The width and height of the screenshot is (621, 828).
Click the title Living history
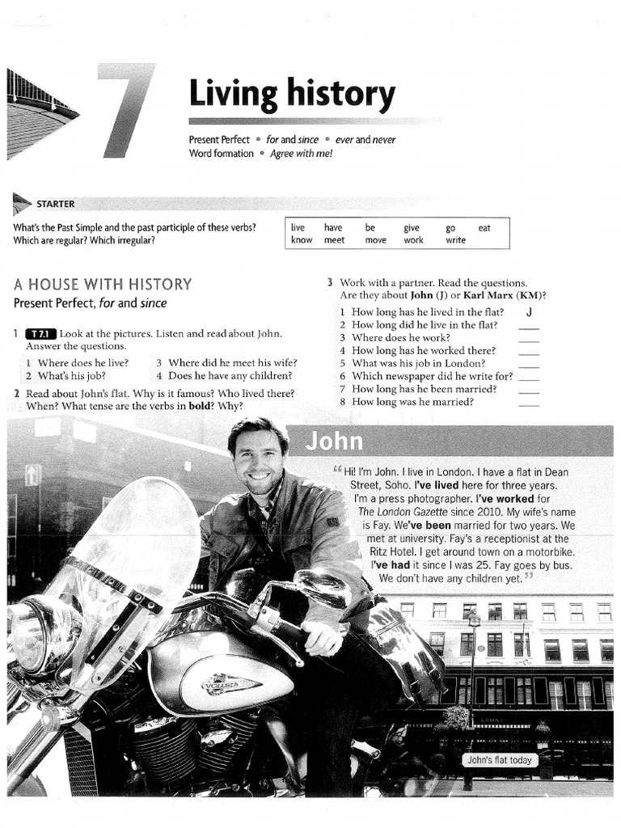click(x=292, y=95)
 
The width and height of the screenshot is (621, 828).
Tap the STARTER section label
click(x=55, y=204)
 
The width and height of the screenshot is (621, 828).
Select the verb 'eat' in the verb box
click(x=484, y=228)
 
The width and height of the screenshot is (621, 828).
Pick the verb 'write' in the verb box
click(x=455, y=240)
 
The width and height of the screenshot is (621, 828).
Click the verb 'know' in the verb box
click(x=302, y=240)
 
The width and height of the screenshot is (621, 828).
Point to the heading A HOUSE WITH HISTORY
click(x=103, y=285)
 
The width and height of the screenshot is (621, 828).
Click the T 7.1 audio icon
click(x=40, y=334)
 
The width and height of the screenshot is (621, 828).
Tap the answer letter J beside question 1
click(x=528, y=312)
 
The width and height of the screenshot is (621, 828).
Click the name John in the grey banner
click(x=334, y=442)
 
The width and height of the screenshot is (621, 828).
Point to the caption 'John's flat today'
click(x=499, y=760)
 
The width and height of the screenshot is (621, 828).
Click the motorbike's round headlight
click(x=34, y=635)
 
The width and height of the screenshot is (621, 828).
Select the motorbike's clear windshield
click(x=133, y=550)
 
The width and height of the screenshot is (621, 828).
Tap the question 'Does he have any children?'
click(x=230, y=376)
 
